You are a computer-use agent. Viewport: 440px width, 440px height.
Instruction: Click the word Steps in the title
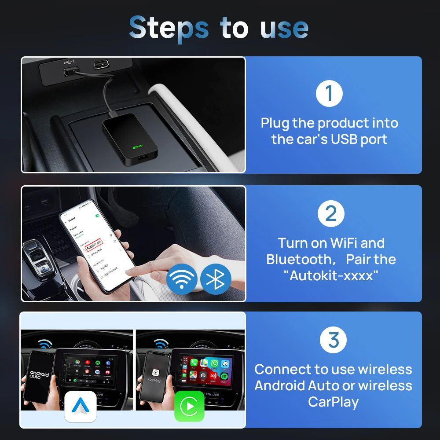coord(169,28)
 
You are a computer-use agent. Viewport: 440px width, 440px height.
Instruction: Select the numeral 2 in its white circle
coord(330,214)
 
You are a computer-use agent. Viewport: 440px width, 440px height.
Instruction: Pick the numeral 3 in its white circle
coord(334,340)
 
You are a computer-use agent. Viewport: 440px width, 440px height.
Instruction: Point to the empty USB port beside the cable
coord(103,64)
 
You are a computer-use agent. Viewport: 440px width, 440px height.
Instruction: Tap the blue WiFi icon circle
coord(182,279)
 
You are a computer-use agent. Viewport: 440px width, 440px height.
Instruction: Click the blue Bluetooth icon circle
coord(216,279)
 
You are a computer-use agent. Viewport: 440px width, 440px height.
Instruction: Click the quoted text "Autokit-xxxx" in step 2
coord(330,276)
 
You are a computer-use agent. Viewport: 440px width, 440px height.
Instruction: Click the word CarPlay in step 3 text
coord(333,402)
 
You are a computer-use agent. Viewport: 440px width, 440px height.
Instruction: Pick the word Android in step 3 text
coord(279,385)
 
